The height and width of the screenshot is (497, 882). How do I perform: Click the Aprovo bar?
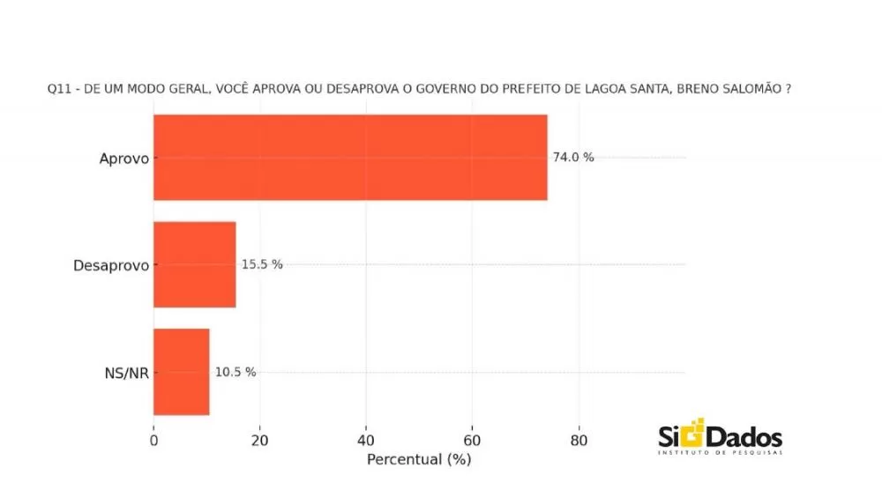coord(350,158)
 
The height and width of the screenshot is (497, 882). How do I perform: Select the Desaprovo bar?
coord(195,264)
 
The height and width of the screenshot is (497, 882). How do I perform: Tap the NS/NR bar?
coord(182,371)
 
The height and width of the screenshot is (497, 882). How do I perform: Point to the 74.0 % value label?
coord(573,158)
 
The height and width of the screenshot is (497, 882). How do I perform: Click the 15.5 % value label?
coord(262,264)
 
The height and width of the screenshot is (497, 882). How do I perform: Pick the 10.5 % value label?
coord(235,372)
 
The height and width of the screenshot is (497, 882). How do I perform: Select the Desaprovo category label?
coord(110,265)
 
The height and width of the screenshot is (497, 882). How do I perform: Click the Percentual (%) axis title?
coord(419,459)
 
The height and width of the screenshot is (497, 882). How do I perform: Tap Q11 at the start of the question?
coord(58,90)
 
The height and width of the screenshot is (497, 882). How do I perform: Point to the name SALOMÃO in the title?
coord(745,90)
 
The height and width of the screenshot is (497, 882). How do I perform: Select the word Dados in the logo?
coord(744,436)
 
